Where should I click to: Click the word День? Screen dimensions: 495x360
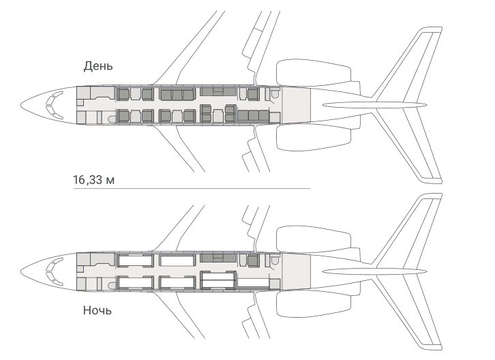tap(98, 66)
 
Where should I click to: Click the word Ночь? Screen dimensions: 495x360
tap(97, 310)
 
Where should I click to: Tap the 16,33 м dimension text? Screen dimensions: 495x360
tap(94, 180)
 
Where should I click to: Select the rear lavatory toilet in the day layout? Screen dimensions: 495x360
tap(275, 94)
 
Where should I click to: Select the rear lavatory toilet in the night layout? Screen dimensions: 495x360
tap(275, 260)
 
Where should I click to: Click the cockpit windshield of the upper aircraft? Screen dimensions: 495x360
tap(54, 105)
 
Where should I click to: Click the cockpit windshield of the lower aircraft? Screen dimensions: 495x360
tap(54, 271)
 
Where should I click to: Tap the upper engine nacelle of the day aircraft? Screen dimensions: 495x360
tap(314, 73)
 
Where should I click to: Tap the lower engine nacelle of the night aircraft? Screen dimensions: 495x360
tap(314, 304)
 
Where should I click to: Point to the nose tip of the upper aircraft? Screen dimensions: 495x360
tap(21, 105)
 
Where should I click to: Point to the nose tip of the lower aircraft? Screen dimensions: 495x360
tap(21, 271)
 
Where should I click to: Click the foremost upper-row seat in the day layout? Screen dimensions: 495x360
tap(123, 94)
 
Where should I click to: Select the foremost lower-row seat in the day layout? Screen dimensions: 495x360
tap(123, 116)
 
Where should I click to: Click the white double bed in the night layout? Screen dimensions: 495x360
tap(218, 280)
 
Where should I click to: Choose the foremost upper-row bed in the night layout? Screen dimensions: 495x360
tap(136, 260)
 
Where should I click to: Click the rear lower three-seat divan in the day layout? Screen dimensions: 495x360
tap(253, 116)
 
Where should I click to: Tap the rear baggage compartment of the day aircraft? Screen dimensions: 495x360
tap(296, 105)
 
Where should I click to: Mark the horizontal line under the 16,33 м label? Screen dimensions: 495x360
tap(192, 189)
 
